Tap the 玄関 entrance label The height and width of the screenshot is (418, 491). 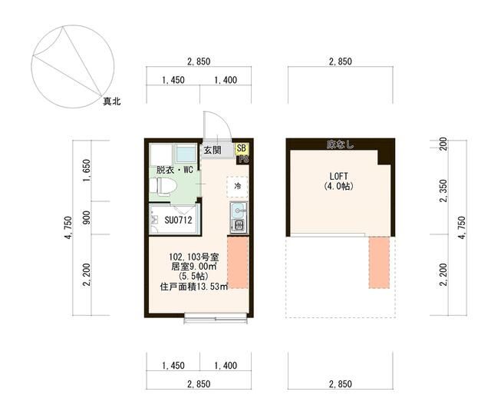[x=212, y=150]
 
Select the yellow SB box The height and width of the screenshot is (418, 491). [x=242, y=148]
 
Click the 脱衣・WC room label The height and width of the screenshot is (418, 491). [x=173, y=170]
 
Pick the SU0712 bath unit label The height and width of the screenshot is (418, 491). [x=178, y=221]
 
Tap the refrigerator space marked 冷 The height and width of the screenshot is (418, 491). [x=238, y=187]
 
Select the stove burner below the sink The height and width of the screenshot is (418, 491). [x=237, y=225]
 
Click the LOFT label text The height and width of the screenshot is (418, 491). [x=338, y=174]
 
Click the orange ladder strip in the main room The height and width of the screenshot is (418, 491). [x=238, y=261]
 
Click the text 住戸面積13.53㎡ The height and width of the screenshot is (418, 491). [x=194, y=287]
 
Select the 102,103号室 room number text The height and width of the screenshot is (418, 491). [x=194, y=257]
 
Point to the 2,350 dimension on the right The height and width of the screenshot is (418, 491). [x=443, y=199]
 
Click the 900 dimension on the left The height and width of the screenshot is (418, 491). [x=87, y=219]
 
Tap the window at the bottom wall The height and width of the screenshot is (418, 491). [x=215, y=315]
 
